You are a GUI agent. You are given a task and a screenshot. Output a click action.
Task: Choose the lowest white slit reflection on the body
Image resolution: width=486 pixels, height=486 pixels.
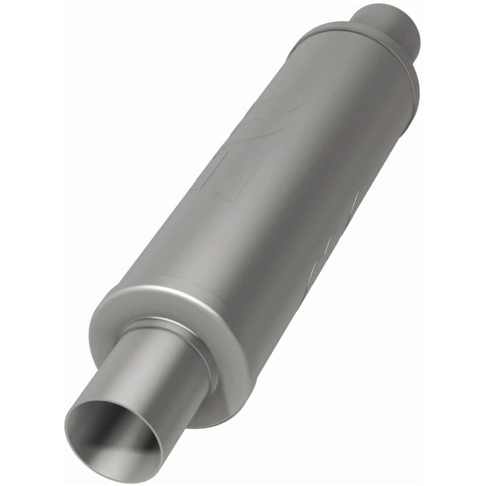pyautogui.click(x=315, y=270)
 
